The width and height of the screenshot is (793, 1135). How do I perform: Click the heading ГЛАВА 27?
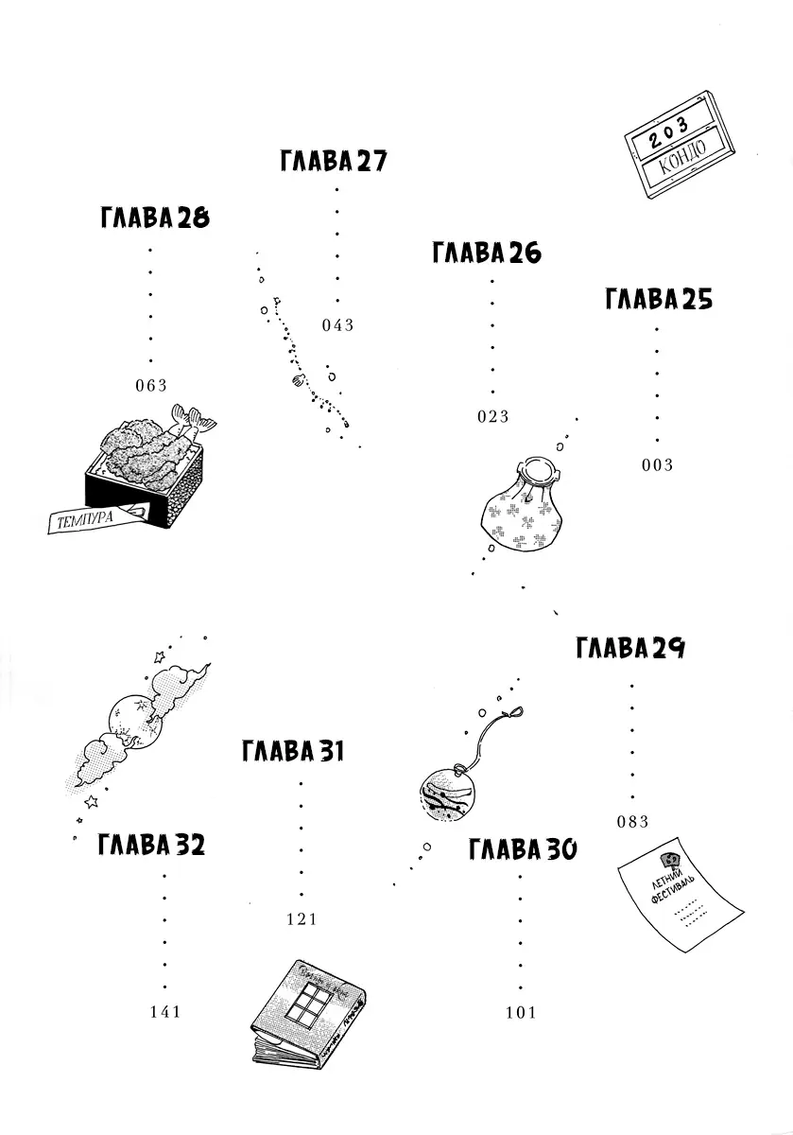click(334, 161)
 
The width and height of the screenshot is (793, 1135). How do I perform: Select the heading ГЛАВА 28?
click(153, 218)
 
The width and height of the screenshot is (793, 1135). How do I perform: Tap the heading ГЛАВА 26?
click(487, 253)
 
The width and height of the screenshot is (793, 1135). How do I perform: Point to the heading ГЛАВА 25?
click(658, 300)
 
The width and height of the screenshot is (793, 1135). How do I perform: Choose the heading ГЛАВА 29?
click(629, 649)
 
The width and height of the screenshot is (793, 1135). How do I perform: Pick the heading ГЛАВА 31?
click(293, 752)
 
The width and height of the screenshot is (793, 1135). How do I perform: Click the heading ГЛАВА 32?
click(151, 845)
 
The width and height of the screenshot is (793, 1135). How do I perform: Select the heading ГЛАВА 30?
click(523, 849)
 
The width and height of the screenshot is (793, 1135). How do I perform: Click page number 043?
click(337, 325)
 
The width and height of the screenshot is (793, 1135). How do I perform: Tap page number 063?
click(151, 385)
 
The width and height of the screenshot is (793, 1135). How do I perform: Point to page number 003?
click(657, 464)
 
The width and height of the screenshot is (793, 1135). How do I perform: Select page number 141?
click(164, 1012)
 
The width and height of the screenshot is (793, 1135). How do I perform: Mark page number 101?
click(521, 1013)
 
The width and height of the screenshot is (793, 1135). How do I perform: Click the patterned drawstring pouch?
click(521, 509)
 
